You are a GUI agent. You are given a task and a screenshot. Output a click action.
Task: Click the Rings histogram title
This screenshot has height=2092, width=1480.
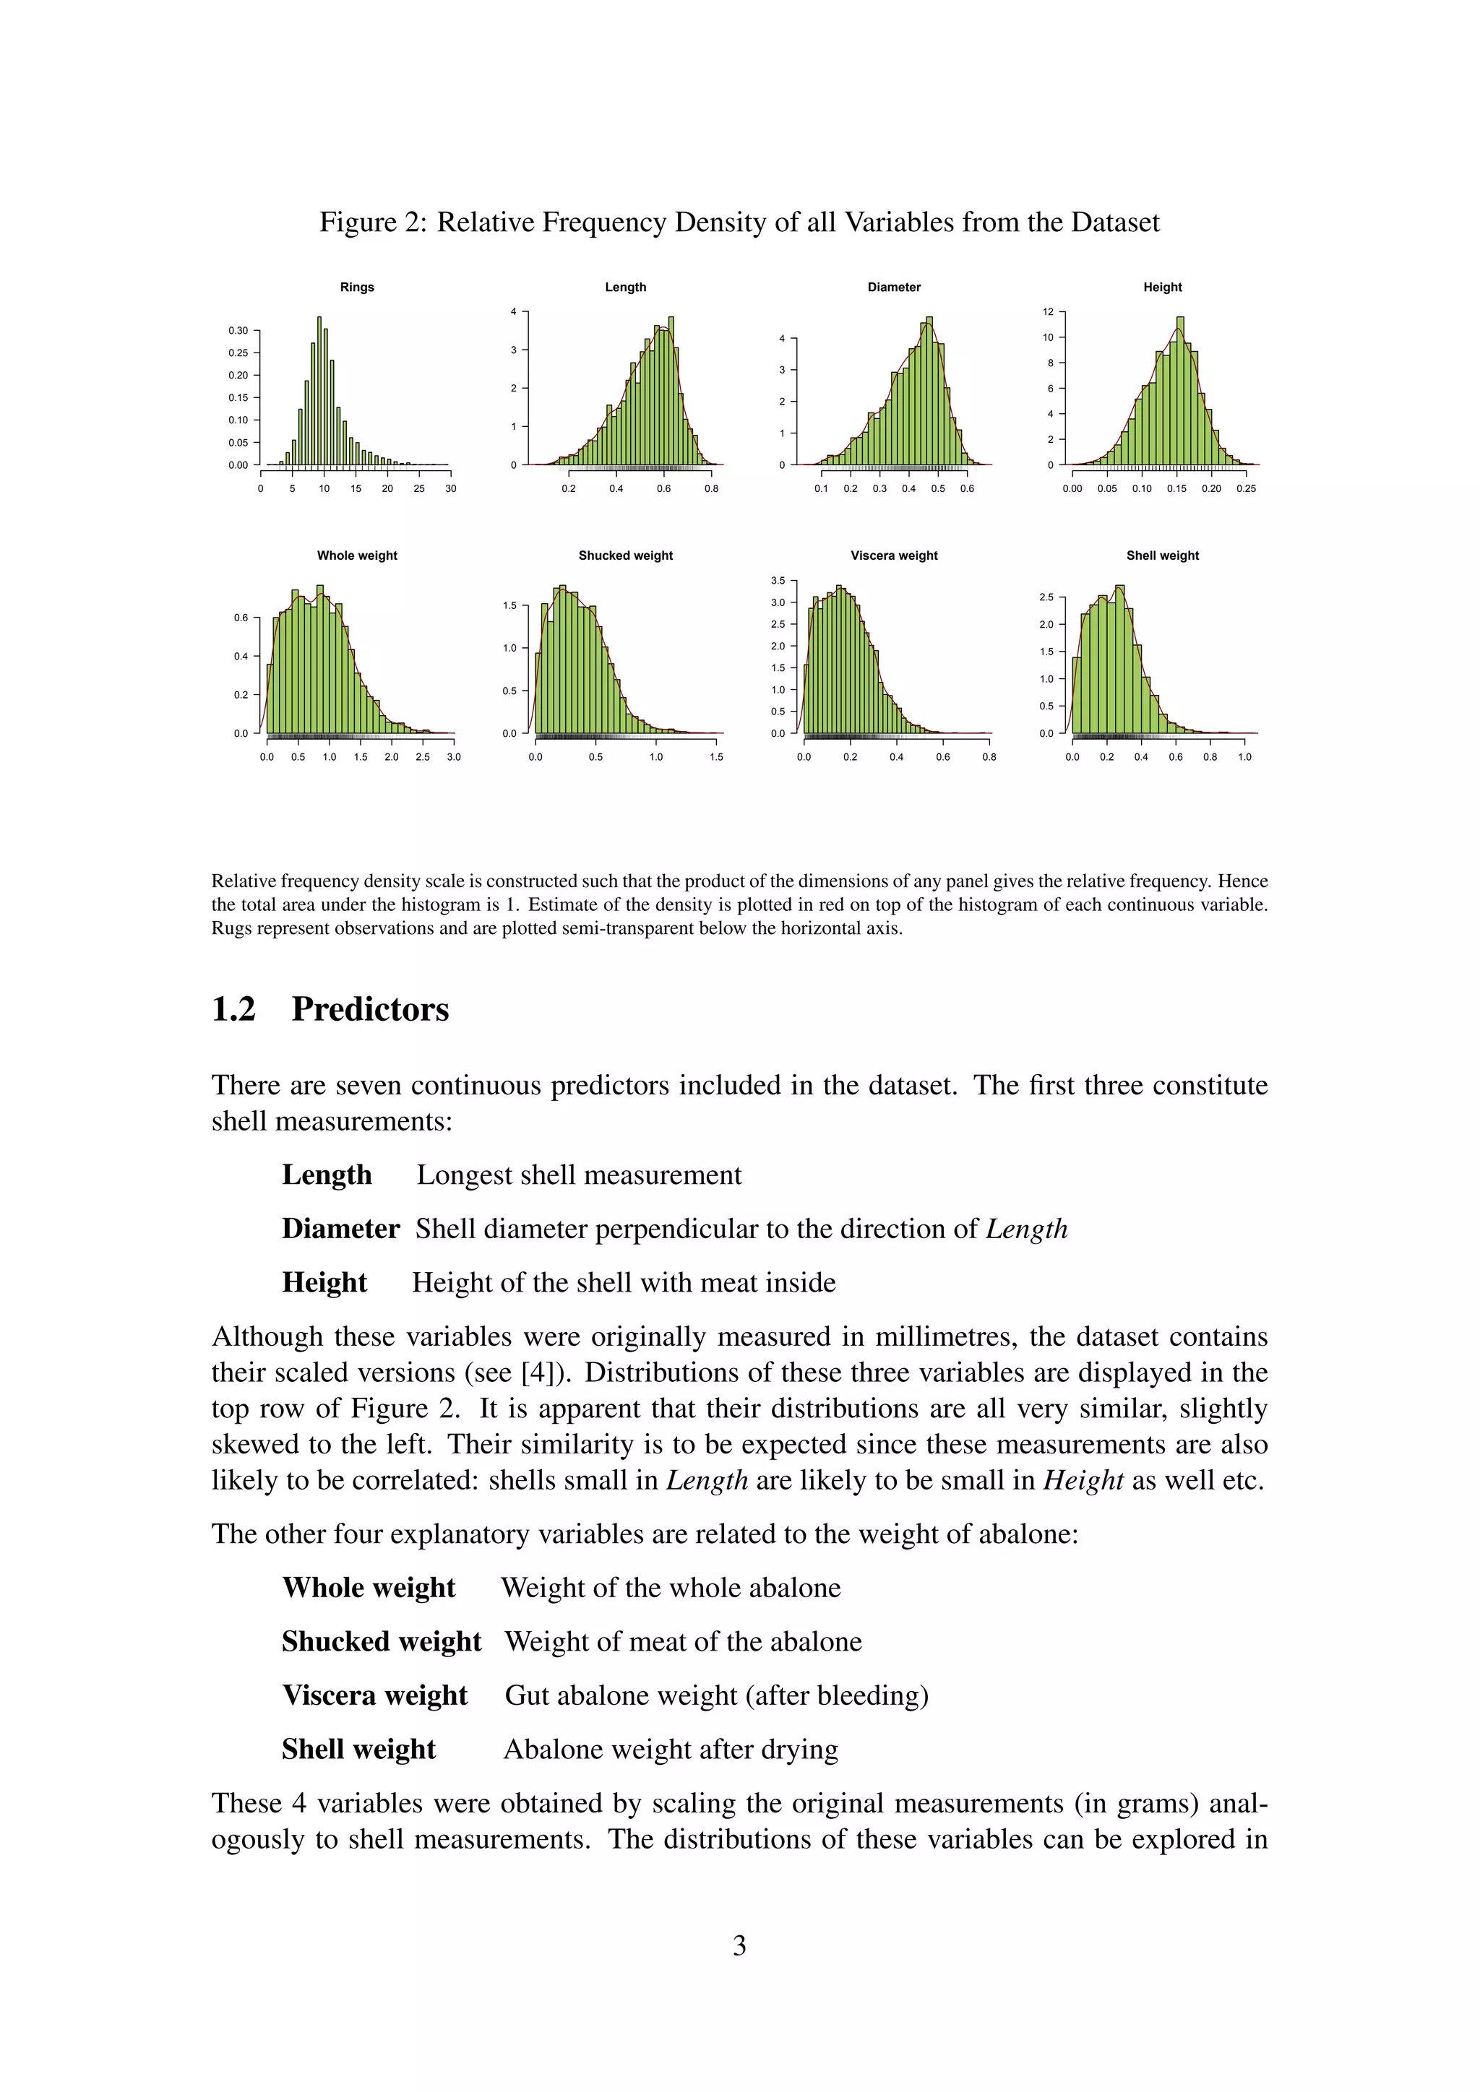(356, 287)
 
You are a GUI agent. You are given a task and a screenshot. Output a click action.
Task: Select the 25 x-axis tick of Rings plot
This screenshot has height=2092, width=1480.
(419, 488)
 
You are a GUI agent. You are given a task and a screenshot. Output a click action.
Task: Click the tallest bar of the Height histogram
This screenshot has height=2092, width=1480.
(1180, 392)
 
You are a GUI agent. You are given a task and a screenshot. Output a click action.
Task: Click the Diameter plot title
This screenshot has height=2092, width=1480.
(893, 287)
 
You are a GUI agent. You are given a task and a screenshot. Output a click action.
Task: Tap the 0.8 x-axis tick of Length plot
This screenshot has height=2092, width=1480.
(711, 488)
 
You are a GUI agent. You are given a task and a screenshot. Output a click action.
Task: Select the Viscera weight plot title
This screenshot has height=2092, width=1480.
(893, 556)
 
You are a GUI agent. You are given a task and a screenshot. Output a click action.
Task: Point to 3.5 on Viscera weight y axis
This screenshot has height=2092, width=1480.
(778, 580)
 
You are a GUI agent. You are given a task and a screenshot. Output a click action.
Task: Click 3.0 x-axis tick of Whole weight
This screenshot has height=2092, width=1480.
(454, 757)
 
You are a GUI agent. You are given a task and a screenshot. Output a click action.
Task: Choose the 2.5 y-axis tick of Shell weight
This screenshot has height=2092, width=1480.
(1046, 597)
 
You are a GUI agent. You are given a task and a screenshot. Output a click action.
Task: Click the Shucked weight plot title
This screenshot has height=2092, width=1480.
(625, 556)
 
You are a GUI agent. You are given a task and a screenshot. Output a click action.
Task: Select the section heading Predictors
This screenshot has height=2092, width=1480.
(370, 1010)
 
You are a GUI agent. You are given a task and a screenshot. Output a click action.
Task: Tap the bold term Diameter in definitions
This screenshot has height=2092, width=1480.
(340, 1229)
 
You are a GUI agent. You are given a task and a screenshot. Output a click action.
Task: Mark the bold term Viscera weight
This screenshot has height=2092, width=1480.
(374, 1695)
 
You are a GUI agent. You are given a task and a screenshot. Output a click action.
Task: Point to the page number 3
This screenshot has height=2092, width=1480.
(739, 1945)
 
